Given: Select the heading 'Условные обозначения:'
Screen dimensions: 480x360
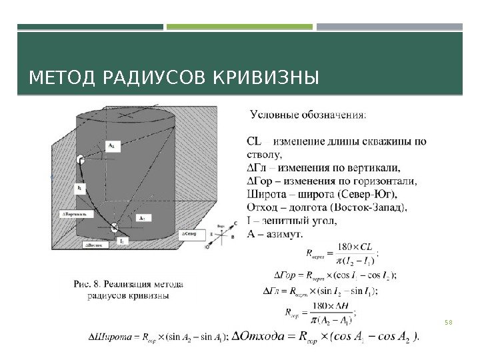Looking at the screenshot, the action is [307, 115].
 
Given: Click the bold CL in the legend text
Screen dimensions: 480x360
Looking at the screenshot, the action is [255, 141].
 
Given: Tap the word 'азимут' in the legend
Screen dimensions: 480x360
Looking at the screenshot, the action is [284, 233].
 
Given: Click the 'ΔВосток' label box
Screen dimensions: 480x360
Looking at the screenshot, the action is [95, 245].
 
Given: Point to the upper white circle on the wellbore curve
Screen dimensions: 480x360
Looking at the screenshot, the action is [80, 159].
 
